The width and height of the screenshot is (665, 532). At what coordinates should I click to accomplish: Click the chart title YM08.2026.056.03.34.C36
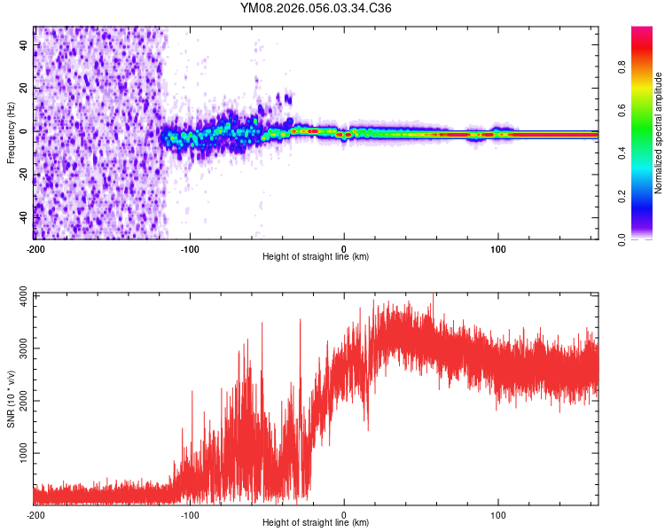317,9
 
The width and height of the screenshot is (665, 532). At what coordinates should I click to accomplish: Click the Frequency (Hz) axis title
11,133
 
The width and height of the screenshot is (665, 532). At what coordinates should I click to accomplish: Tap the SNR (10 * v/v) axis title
11,399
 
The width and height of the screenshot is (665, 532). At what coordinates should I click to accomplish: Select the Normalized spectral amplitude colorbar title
659,133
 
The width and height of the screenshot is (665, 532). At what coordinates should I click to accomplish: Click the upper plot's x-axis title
316,256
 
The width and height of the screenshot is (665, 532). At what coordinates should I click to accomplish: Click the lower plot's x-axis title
316,522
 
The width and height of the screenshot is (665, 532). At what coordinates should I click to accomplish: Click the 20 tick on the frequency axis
23,89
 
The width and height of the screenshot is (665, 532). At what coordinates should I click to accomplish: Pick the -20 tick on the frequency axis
21,174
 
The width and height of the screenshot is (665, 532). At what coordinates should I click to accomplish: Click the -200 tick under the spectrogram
35,247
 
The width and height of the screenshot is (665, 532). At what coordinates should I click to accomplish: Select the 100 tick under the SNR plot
498,513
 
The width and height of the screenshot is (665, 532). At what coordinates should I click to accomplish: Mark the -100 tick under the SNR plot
190,513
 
